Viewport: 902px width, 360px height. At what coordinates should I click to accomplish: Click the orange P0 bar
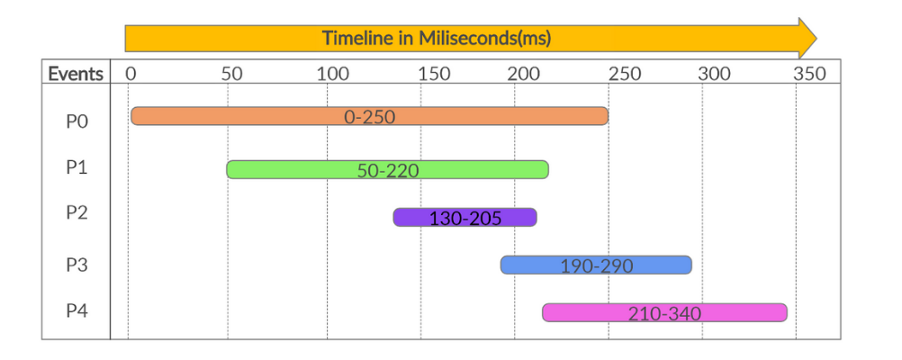coord(369,116)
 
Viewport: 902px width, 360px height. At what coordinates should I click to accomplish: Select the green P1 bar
coord(387,169)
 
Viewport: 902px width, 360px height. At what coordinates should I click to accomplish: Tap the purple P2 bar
coord(465,217)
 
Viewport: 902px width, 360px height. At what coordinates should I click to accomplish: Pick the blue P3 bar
coord(596,265)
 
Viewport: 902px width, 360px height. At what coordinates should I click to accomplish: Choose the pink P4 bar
coord(664,312)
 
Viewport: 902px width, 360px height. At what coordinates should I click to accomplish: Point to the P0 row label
coord(77,121)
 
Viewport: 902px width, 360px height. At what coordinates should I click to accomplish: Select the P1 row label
coord(77,166)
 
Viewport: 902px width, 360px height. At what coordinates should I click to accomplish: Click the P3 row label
coord(77,265)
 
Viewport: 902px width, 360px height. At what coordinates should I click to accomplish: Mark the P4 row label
coord(77,311)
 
